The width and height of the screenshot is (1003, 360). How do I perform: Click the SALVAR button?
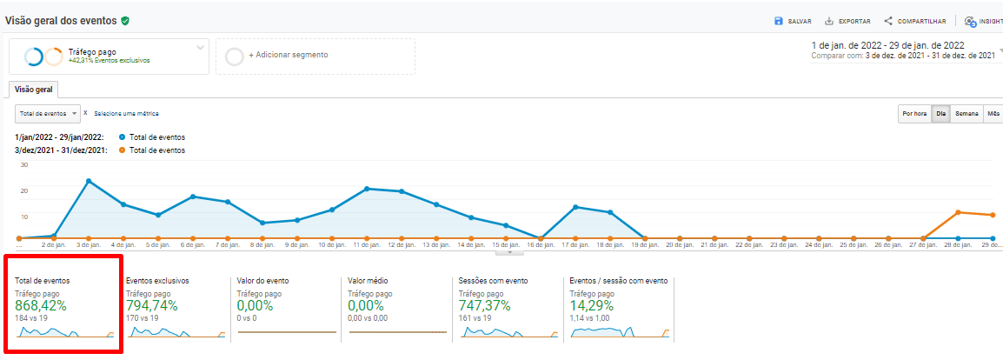click(x=793, y=21)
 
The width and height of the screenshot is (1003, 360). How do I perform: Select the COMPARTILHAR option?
click(x=914, y=21)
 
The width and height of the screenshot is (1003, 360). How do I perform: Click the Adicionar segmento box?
click(x=315, y=56)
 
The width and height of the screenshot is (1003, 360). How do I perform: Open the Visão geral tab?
click(x=33, y=90)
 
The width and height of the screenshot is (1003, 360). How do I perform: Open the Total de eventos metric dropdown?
click(x=48, y=113)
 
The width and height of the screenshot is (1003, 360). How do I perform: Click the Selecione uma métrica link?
click(x=126, y=114)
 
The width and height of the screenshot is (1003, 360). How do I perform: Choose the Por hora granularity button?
click(x=913, y=114)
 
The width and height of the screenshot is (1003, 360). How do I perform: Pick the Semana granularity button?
click(x=966, y=114)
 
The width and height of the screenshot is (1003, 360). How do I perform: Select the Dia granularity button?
click(x=940, y=114)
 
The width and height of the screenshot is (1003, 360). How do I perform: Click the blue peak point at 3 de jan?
click(x=89, y=181)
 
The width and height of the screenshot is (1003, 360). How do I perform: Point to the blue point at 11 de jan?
click(x=367, y=189)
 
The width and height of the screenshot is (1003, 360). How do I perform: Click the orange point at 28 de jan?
click(x=958, y=212)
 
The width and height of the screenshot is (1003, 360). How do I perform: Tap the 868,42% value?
click(x=41, y=306)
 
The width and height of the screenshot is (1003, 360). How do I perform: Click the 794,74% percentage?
click(x=151, y=306)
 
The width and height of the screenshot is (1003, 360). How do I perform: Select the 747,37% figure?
click(x=484, y=306)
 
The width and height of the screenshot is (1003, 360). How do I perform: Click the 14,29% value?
click(x=591, y=306)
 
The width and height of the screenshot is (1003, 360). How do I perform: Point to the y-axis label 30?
click(x=24, y=164)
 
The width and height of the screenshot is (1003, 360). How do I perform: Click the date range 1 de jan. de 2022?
click(x=887, y=44)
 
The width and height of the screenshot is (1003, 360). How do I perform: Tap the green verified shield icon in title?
click(x=126, y=20)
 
